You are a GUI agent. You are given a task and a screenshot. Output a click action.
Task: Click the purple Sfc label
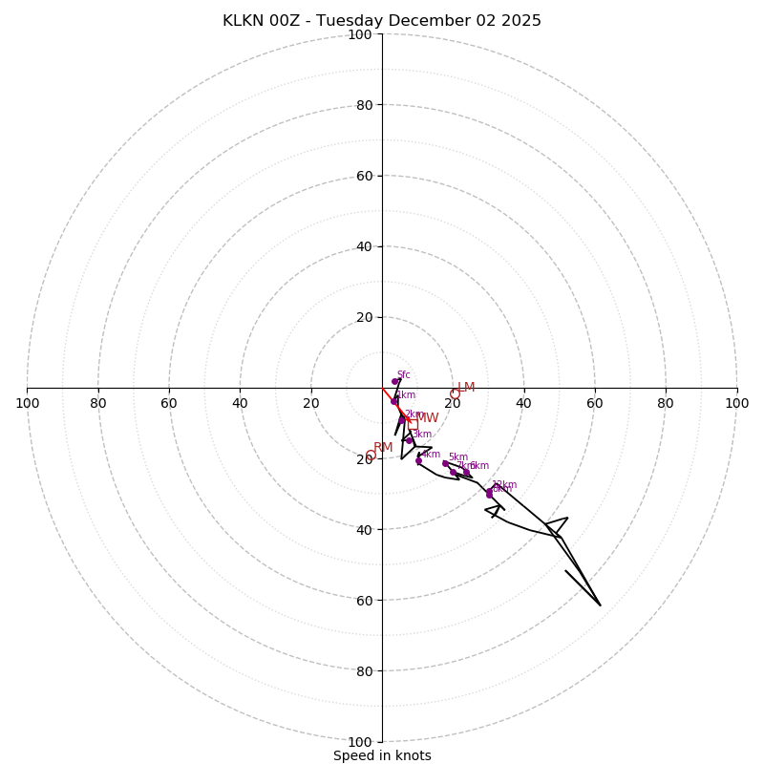coord(403,375)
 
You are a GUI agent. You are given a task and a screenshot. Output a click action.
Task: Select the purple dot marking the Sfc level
coord(394,381)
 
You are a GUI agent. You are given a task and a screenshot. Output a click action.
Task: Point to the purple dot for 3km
coord(409,440)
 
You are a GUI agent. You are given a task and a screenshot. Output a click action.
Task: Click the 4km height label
coord(431,455)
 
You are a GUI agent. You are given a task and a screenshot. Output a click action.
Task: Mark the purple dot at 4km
coord(418,460)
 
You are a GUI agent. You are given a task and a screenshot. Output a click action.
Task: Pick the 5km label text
coord(457,457)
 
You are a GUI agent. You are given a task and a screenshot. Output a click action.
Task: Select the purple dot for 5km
coord(445,463)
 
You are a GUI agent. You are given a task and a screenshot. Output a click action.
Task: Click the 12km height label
coord(503,485)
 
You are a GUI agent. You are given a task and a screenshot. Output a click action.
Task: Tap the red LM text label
coord(466,388)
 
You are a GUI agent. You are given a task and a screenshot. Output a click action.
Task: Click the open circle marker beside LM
coord(455,393)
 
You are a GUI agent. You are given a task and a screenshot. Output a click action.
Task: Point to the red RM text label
coord(383,448)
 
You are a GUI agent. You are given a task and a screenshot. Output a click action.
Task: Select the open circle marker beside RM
coord(371,456)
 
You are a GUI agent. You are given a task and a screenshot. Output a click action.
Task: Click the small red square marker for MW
coord(413,424)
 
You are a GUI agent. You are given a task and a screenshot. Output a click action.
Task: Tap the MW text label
coord(427,418)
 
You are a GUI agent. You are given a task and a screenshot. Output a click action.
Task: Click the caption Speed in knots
coord(382,755)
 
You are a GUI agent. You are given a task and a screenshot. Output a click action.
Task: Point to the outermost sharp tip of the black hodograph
coord(600,605)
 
